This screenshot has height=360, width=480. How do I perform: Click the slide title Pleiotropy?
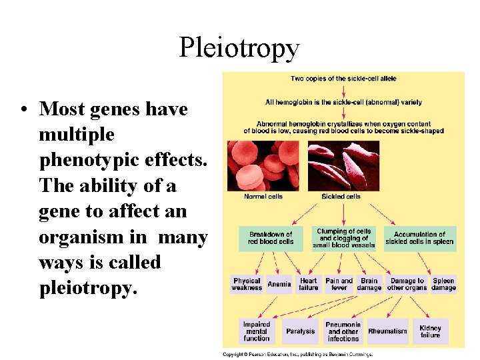click(239, 48)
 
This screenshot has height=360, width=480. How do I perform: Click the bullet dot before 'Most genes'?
click(23, 109)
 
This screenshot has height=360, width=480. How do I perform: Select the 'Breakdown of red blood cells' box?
click(271, 238)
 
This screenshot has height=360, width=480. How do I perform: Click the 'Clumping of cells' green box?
click(344, 238)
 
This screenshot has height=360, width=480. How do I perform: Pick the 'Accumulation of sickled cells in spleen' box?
click(419, 238)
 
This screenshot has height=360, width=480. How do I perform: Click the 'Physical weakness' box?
click(247, 284)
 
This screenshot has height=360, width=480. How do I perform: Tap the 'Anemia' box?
click(279, 284)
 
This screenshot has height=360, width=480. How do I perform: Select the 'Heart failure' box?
click(309, 284)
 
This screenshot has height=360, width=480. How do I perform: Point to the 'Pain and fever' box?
click(339, 284)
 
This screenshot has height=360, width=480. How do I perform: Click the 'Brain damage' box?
click(369, 284)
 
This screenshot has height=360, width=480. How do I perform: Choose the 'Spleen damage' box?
click(443, 284)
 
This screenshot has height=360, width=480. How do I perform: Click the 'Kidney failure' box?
click(430, 331)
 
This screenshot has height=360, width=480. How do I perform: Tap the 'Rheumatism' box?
click(387, 331)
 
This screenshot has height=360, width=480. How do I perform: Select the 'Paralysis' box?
click(300, 331)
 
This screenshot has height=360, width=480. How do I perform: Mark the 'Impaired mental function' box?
click(257, 331)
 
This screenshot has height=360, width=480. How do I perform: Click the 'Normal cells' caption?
click(263, 197)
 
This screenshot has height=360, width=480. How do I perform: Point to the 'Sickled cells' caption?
click(342, 197)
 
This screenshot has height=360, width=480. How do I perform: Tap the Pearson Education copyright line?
click(297, 354)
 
